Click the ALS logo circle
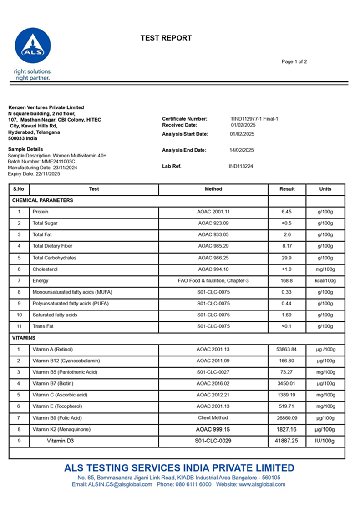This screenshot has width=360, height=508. pos(33,46)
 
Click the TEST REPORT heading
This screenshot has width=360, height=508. pos(166,38)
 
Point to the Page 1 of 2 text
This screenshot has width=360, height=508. pos(294,62)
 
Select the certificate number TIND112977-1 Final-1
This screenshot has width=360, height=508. pos(254,119)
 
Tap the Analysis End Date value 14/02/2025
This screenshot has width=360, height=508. pos(242,150)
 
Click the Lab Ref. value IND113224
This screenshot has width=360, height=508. pos(241,166)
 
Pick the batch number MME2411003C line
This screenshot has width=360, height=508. pos(41,161)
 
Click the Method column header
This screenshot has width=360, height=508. pos(213,189)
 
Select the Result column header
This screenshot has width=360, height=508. pos(287,189)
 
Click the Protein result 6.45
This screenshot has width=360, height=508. pos(287,212)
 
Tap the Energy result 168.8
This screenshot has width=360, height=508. pos(287,281)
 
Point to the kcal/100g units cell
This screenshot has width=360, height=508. pos(325,281)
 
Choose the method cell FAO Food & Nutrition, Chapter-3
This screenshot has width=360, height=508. pos(213,281)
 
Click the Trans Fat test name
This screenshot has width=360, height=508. pos(43,326)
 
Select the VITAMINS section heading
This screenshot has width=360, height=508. pos(24,338)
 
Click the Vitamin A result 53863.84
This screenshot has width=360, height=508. pos(287,350)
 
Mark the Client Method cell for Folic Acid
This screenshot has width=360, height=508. pos(213,418)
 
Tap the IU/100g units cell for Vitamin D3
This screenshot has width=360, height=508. pos(325,441)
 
